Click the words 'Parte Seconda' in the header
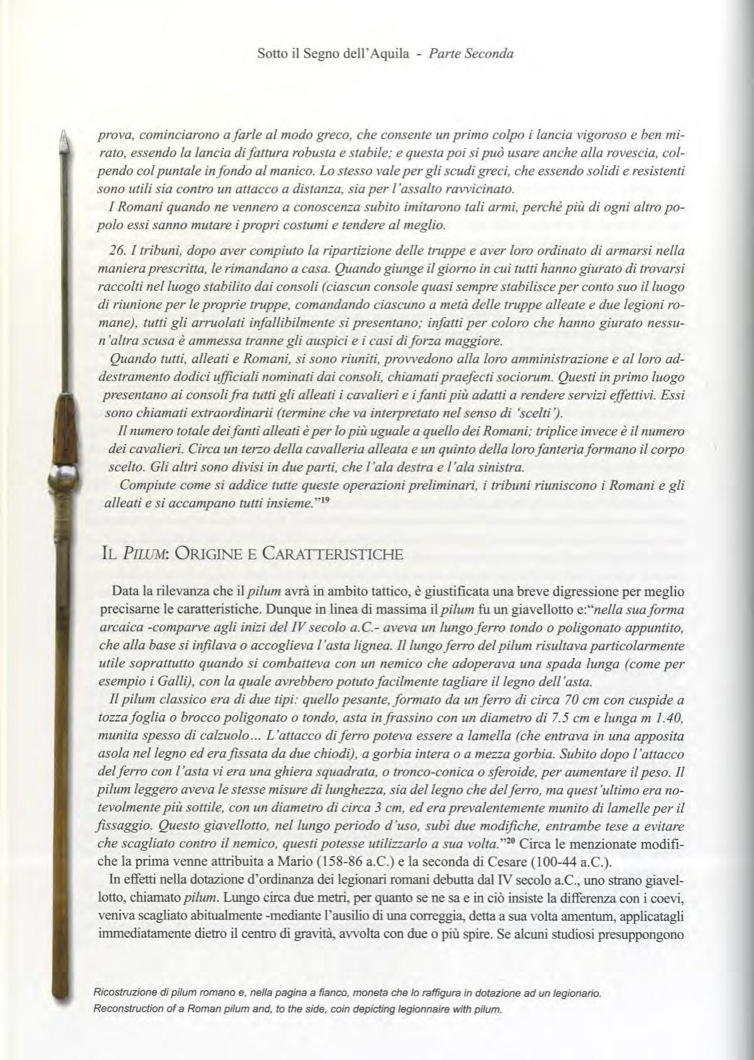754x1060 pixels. pyautogui.click(x=470, y=54)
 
